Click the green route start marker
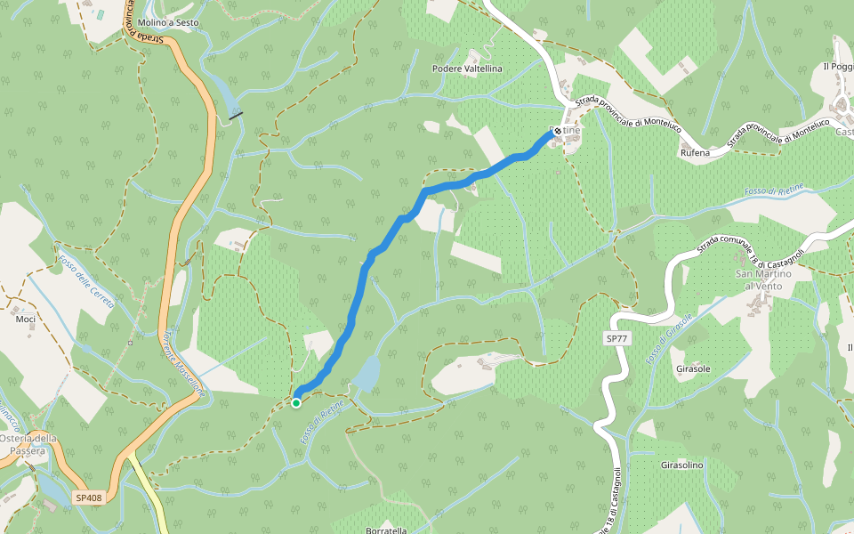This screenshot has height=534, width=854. (296, 402)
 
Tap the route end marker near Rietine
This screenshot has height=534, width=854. (558, 132)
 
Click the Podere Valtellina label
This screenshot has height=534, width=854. (467, 69)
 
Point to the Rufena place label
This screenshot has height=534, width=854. (696, 153)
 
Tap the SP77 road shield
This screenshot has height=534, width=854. (617, 339)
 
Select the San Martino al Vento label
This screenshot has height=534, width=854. (761, 279)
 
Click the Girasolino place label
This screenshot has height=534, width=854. (682, 465)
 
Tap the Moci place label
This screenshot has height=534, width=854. (26, 319)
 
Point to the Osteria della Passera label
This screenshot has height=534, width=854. (28, 444)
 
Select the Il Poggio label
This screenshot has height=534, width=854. (839, 67)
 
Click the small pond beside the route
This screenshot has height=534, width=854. (367, 374)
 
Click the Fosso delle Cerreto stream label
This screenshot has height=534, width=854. (86, 282)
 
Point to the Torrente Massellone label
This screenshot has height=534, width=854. (184, 366)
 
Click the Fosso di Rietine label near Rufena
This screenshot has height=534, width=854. (774, 191)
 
